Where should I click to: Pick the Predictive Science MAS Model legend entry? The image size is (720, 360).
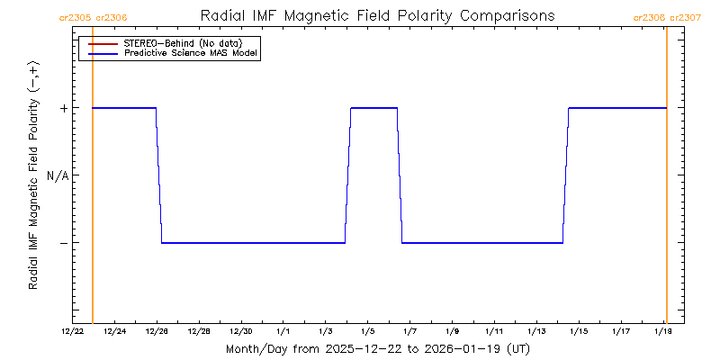coord(191,54)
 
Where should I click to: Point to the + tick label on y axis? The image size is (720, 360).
coord(64,108)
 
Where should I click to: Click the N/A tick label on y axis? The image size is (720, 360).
coord(58,175)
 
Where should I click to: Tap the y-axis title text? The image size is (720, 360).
coord(33,175)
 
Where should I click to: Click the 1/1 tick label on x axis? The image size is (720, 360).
coord(283,331)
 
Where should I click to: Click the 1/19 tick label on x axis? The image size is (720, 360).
coord(663,331)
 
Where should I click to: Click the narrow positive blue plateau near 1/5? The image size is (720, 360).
coord(373,108)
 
